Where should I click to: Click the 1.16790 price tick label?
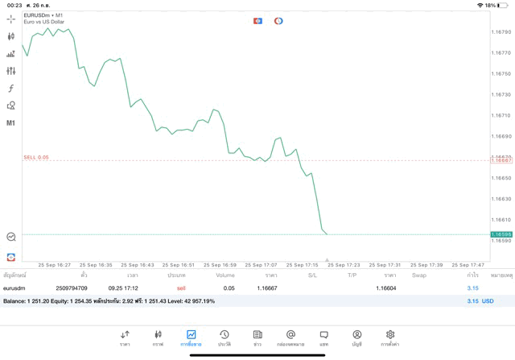tap(501, 32)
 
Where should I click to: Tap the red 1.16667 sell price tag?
tap(501, 160)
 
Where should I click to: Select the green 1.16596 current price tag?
tap(501, 234)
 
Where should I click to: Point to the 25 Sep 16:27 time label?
tap(55, 264)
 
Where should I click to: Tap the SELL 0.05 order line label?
tap(36, 157)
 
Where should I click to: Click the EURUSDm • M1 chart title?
tap(43, 14)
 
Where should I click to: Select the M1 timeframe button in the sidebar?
tap(11, 123)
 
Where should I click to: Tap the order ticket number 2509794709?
tap(72, 288)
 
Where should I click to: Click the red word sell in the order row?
tap(181, 288)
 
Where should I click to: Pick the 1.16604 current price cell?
tap(386, 288)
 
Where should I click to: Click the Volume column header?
tap(225, 275)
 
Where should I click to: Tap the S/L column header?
tap(312, 275)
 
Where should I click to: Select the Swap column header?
tap(419, 275)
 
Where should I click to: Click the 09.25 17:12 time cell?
tap(123, 288)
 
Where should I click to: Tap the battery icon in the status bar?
tap(503, 6)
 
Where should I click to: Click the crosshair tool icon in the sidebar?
tap(11, 19)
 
